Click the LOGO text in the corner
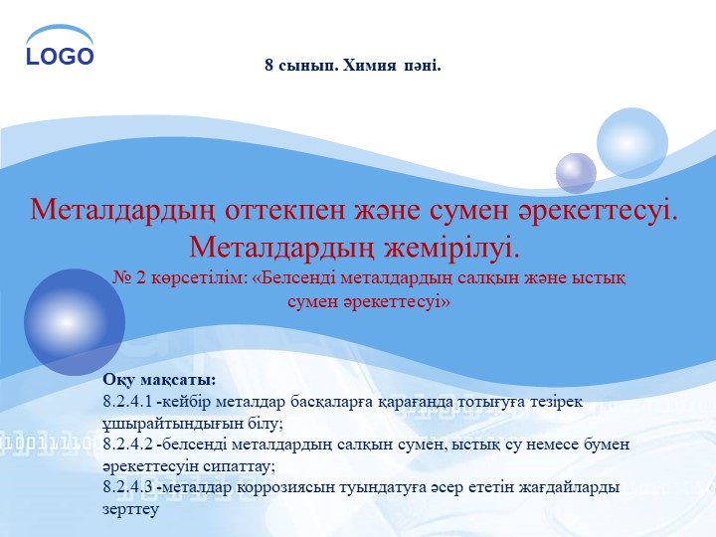60,57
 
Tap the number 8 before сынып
268,66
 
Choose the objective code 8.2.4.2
126,445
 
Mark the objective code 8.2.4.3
126,487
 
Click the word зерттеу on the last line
130,508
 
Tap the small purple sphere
576,173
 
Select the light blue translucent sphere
632,143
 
